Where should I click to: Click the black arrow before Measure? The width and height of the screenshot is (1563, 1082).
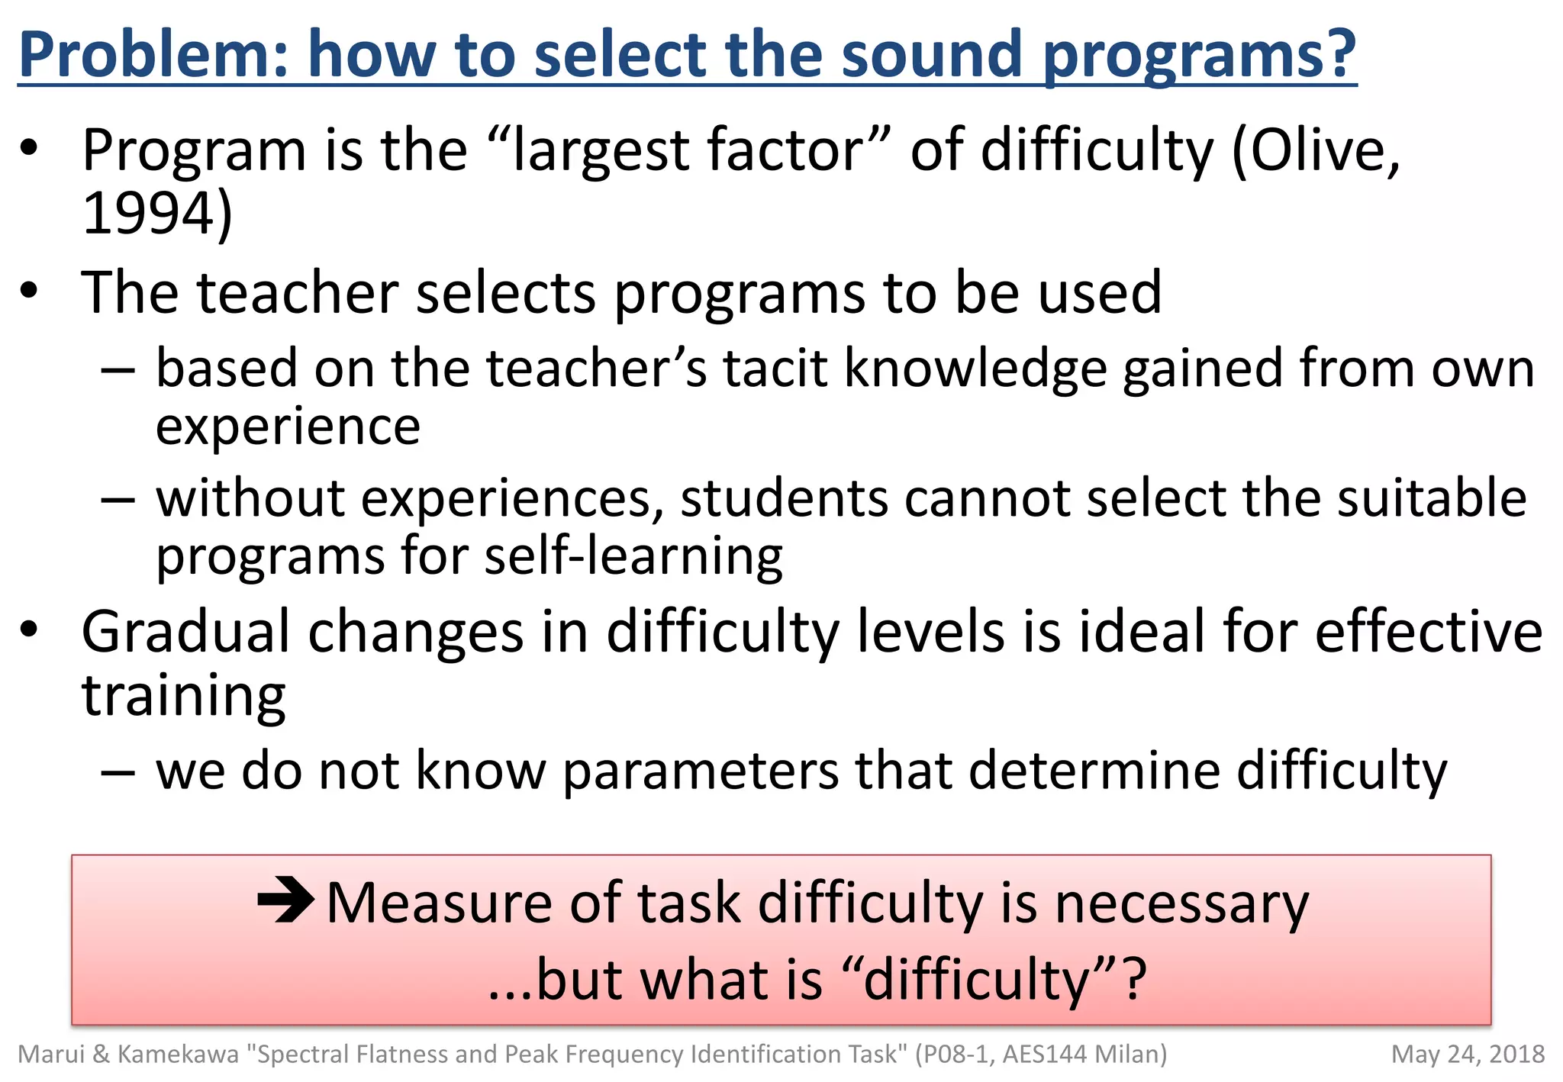[x=285, y=900]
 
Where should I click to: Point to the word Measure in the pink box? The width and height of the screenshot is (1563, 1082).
[x=439, y=903]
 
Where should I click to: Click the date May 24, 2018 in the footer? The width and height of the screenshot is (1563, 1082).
[x=1467, y=1055]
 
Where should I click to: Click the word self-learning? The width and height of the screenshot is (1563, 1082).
[x=633, y=555]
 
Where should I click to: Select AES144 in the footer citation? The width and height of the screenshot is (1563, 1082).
[x=1044, y=1055]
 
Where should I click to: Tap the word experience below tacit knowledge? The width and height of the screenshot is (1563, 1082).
[x=288, y=427]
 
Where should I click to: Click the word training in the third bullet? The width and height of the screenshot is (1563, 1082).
[x=183, y=696]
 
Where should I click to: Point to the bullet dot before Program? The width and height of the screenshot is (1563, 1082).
[x=29, y=149]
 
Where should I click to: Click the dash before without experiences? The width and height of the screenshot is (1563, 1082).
[x=118, y=501]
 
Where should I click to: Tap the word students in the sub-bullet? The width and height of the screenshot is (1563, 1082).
[x=784, y=499]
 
